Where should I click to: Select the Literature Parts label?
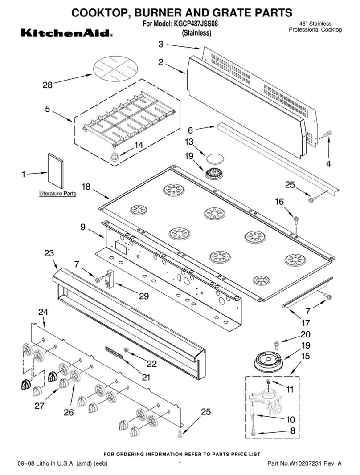pyautogui.click(x=57, y=194)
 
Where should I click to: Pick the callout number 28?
pyautogui.click(x=48, y=85)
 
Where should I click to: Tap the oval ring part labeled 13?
pyautogui.click(x=214, y=158)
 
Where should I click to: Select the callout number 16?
pyautogui.click(x=279, y=202)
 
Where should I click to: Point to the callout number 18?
pyautogui.click(x=86, y=187)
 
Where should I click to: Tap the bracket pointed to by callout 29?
pyautogui.click(x=109, y=280)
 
